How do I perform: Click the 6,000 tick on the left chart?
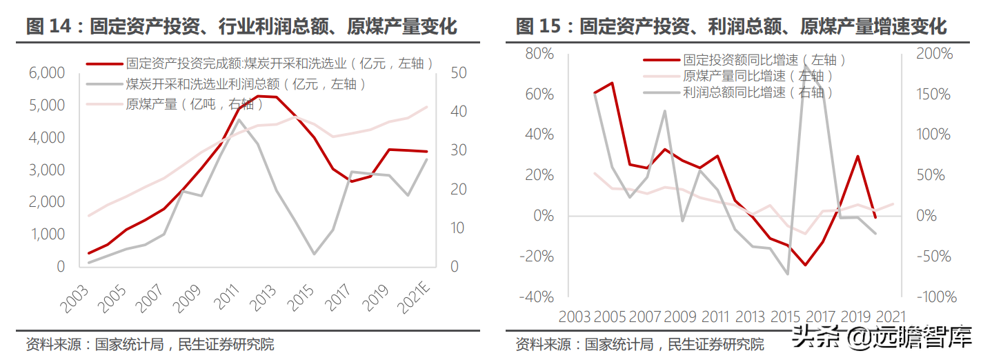click(47, 73)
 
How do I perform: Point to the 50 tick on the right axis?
click(459, 73)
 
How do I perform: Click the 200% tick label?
click(934, 54)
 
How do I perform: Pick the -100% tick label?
click(935, 297)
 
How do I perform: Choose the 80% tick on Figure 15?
click(539, 54)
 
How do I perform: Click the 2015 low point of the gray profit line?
click(314, 254)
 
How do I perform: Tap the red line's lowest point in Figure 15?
click(805, 265)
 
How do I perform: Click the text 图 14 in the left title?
click(48, 27)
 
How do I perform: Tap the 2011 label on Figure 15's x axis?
click(715, 317)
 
